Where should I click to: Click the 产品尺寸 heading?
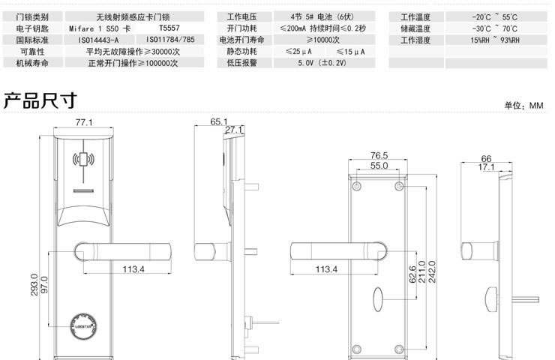[x=41, y=100]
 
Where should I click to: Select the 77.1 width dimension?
[x=83, y=121]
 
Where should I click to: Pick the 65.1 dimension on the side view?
[x=219, y=121]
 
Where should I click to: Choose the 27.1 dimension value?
[x=235, y=130]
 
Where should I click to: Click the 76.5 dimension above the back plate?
[x=379, y=155]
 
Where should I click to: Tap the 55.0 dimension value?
[x=379, y=165]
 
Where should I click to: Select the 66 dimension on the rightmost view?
[x=486, y=158]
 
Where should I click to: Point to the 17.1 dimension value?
[x=486, y=167]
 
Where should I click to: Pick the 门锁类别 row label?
[x=31, y=16]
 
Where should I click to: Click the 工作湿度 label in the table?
[x=415, y=39]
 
